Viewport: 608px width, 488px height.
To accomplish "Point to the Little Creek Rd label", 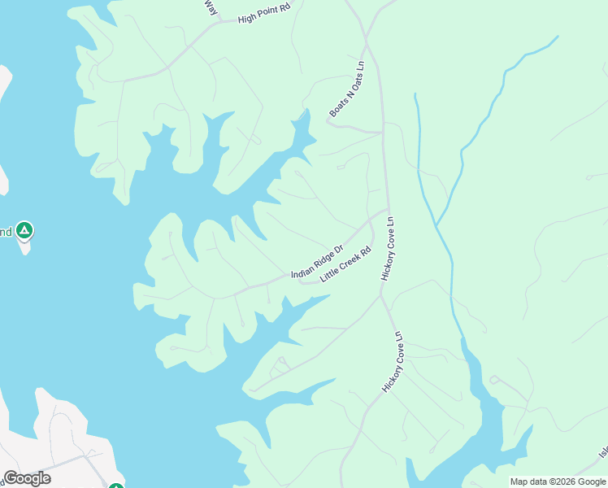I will pos(345,264).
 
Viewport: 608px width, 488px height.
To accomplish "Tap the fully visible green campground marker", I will pos(25,232).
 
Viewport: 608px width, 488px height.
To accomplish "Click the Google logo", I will pos(27,478).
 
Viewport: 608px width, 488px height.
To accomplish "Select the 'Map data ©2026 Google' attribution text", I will pos(558,481).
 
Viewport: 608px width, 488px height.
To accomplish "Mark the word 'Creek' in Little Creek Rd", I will pos(347,263).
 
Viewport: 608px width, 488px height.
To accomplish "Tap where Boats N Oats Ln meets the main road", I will pos(382,131).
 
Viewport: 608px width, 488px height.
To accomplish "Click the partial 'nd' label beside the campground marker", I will pos(6,232).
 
